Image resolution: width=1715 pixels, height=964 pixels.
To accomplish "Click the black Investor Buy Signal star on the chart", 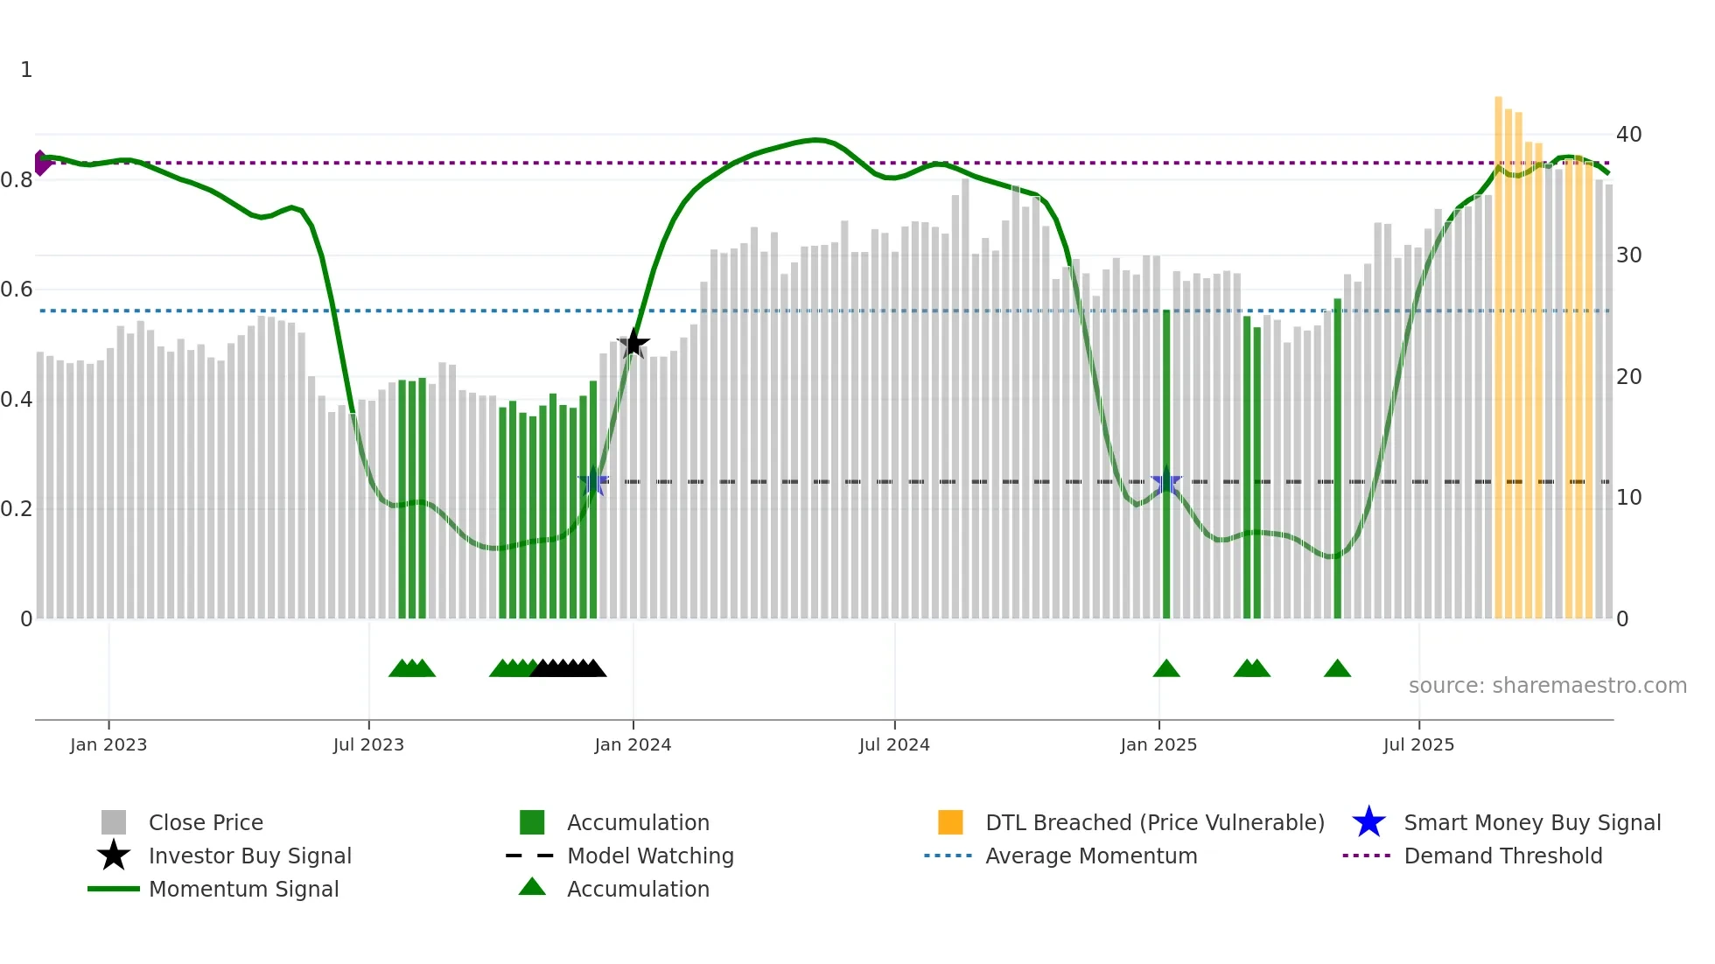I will point(633,344).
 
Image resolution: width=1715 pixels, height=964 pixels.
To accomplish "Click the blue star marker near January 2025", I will point(1165,482).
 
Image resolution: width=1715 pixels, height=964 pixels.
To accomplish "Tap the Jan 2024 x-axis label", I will point(633,744).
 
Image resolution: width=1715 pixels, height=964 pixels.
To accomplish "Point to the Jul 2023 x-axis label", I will point(368,744).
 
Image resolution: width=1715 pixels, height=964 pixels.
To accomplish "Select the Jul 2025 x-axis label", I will point(1418,744).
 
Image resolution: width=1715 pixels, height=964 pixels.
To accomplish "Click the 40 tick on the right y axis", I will point(1628,135).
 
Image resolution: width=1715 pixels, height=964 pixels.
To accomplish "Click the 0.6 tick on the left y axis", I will point(17,290).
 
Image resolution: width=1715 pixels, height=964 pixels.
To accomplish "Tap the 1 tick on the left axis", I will point(26,70).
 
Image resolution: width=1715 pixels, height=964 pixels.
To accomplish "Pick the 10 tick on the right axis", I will point(1628,498).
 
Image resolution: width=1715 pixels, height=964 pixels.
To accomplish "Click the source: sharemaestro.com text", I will point(1547,686).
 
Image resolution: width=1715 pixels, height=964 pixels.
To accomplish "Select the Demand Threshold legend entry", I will point(1502,856).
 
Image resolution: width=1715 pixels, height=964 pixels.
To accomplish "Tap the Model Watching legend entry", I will point(649,856).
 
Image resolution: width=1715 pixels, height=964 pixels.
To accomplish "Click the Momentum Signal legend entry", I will point(243,889).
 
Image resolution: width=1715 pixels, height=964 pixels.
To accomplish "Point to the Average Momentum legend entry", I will point(1090,856).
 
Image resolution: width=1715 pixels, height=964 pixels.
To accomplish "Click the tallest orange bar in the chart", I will point(1498,350).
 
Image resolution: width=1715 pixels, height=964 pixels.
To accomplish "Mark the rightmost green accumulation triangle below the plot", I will point(1337,669).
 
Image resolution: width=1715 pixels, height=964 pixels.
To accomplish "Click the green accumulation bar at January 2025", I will point(1166,464).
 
